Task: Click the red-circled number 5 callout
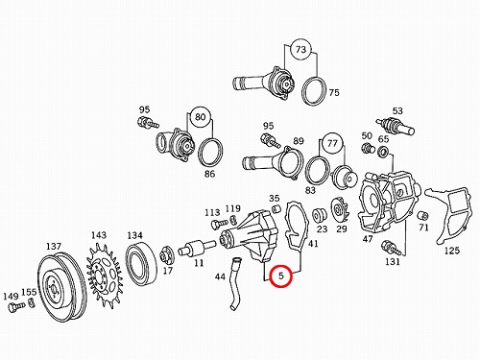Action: (281, 276)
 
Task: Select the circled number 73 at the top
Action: (300, 50)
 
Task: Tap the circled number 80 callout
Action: (200, 116)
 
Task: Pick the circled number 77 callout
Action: (332, 143)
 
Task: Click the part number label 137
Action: (53, 247)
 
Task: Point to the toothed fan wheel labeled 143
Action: (104, 276)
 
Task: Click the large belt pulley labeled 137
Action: (61, 287)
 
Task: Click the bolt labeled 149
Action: (16, 307)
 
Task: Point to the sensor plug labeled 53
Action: (396, 126)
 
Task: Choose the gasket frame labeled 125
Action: (448, 214)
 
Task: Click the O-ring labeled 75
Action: (315, 91)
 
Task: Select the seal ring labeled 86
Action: (211, 153)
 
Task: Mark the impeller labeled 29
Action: (340, 210)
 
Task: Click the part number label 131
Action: (393, 262)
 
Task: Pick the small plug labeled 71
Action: (423, 216)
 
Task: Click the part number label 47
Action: (368, 239)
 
